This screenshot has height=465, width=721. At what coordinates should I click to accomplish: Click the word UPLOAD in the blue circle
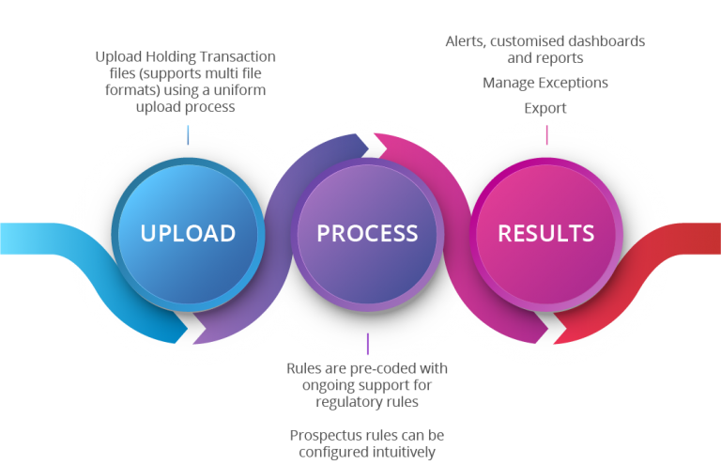click(x=188, y=232)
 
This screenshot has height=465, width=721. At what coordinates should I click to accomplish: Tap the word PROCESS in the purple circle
click(x=367, y=232)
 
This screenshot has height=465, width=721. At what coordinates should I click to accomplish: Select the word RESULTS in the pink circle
click(x=545, y=232)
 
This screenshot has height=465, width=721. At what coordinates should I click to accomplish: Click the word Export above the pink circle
click(x=545, y=108)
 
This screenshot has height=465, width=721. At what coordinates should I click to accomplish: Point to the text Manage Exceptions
click(x=545, y=83)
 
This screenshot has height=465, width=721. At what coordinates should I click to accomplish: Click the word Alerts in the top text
click(x=464, y=41)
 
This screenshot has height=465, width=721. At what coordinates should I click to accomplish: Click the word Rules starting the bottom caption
click(x=304, y=368)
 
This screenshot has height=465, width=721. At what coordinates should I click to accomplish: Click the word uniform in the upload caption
click(x=242, y=91)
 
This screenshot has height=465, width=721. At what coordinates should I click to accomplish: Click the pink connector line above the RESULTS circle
click(x=546, y=134)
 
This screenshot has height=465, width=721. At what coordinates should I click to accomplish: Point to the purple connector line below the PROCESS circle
click(x=367, y=343)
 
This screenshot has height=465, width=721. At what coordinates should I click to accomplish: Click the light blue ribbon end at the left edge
click(x=14, y=240)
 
